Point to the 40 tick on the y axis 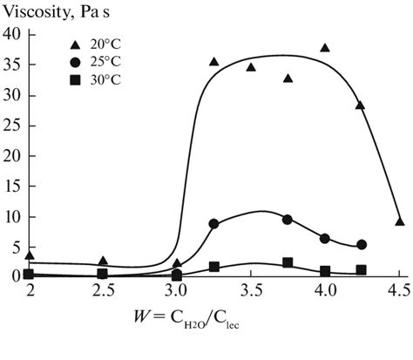(x=11, y=34)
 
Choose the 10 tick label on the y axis (x=11, y=216)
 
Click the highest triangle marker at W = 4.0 (x=325, y=48)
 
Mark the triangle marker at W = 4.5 (x=399, y=221)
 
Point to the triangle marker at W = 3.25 (x=213, y=62)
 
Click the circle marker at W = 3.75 (x=288, y=220)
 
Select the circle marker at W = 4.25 (x=362, y=245)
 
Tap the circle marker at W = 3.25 (x=213, y=224)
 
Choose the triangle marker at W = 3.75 (x=288, y=78)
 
